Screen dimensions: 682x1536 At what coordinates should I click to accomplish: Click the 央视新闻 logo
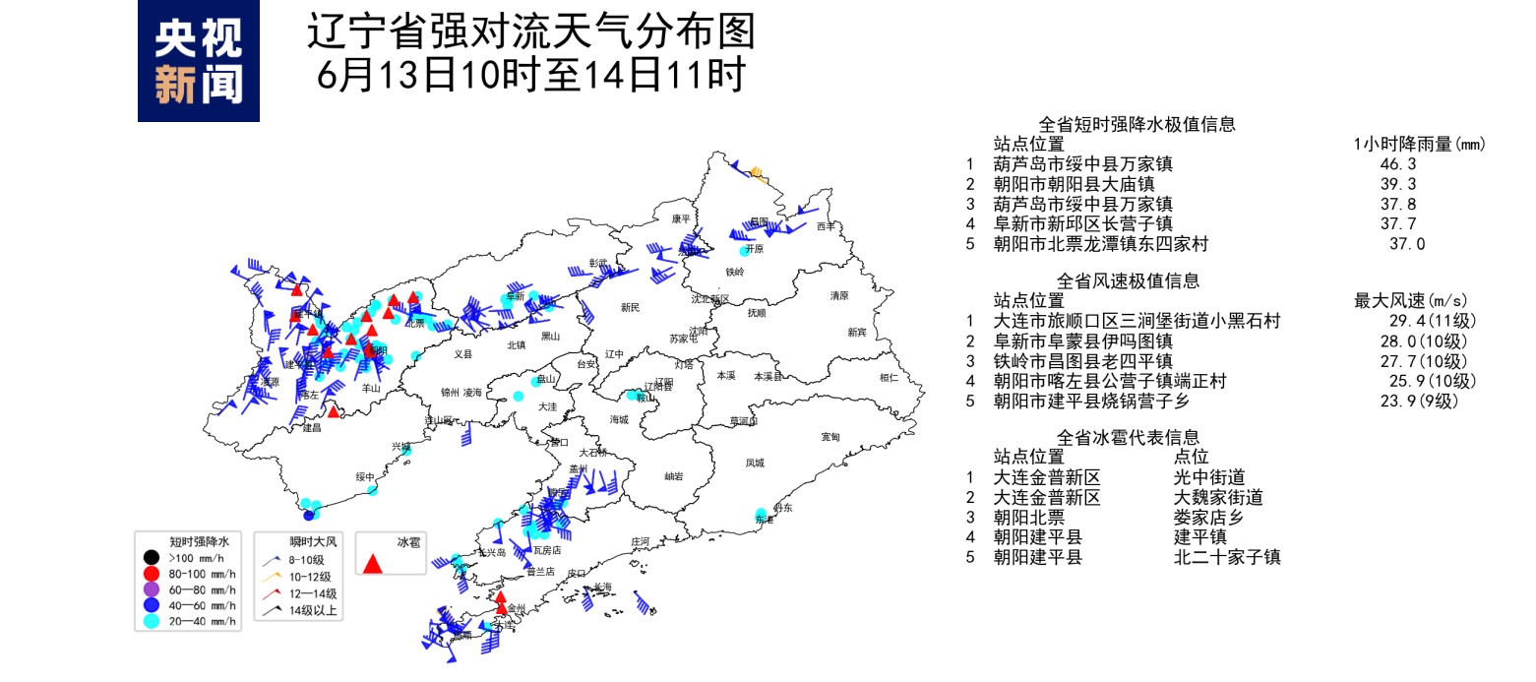(x=198, y=61)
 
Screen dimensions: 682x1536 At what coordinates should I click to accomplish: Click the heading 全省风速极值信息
(x=1128, y=280)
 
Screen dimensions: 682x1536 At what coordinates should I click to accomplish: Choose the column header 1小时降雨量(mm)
(x=1420, y=145)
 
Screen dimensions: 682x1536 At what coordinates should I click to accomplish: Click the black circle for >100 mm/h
(x=151, y=558)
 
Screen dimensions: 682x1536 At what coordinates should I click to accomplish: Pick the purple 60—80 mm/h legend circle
(x=151, y=589)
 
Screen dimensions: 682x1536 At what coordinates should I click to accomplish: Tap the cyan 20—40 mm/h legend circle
(x=151, y=621)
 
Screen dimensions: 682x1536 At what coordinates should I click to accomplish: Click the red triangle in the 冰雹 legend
(x=372, y=564)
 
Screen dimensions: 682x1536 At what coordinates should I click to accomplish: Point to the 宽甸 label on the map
(x=829, y=436)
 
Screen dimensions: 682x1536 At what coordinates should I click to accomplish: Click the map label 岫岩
(x=673, y=476)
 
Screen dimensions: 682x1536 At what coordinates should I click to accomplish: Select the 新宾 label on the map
(x=856, y=333)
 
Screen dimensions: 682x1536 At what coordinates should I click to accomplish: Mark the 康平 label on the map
(x=681, y=218)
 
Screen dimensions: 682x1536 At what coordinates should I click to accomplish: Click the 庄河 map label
(x=640, y=541)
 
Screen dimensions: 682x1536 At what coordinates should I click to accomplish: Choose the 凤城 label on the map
(x=755, y=463)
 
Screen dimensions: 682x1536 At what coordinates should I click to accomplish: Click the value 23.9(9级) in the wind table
(x=1424, y=401)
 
